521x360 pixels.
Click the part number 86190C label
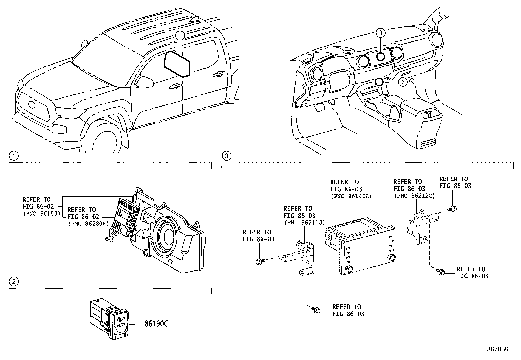pos(156,324)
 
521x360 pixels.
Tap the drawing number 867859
pos(497,349)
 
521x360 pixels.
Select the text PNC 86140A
pos(351,197)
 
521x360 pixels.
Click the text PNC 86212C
pos(414,196)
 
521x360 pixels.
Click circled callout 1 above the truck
pos(180,35)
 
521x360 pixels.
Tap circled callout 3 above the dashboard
pos(380,32)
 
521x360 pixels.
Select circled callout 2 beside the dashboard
pos(403,82)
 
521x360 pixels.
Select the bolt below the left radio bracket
pos(316,310)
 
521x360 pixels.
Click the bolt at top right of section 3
pos(453,208)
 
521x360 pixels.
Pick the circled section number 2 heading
pos(13,281)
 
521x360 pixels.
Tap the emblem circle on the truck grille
pos(32,105)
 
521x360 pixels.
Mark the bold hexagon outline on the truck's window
pos(177,64)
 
